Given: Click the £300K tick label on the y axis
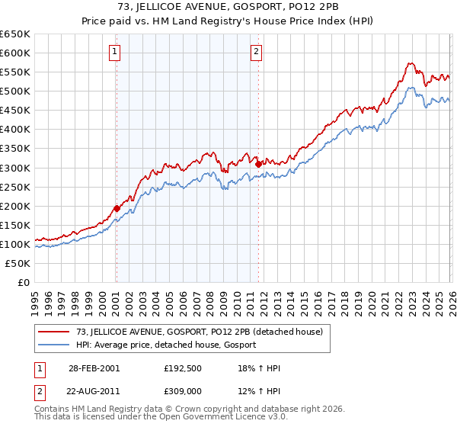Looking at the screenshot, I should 15,168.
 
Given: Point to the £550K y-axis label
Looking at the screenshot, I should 15,72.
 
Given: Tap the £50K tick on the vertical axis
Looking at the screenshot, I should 18,263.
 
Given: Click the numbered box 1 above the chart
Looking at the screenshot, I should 115,52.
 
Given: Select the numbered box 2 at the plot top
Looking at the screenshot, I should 257,52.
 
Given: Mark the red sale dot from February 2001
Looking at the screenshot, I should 117,208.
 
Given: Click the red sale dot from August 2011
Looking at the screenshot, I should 258,163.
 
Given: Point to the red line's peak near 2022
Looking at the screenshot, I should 410,63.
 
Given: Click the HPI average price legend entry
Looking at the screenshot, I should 166,345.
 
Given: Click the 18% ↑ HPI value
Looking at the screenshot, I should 260,368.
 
